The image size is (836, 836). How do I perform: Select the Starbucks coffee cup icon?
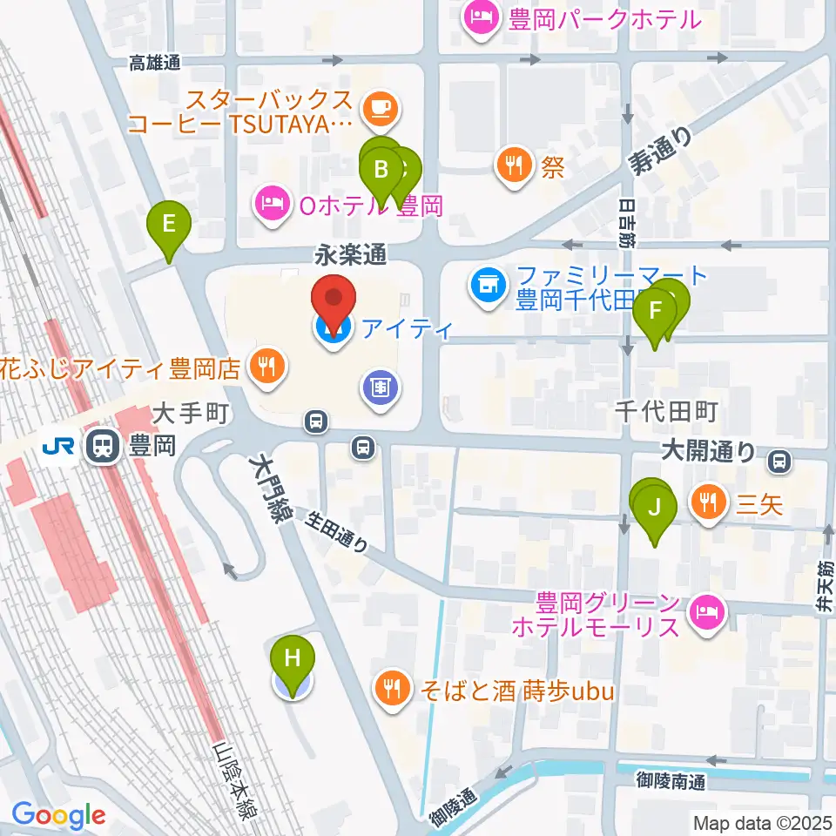[x=379, y=108]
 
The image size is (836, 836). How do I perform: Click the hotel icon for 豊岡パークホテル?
[x=479, y=18]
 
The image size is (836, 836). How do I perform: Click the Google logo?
[x=58, y=814]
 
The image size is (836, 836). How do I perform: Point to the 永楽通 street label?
[x=350, y=256]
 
